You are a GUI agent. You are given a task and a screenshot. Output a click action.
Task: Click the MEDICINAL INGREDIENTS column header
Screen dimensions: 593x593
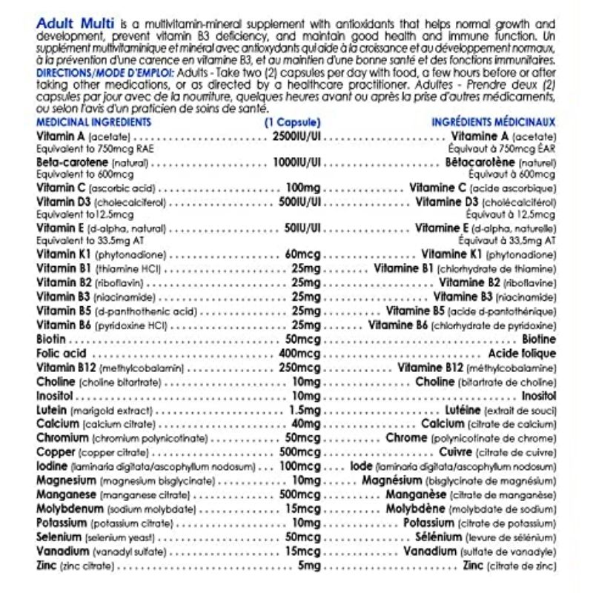[x=93, y=122]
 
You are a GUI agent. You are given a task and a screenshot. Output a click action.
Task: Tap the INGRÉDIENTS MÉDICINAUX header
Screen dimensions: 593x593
[x=494, y=122]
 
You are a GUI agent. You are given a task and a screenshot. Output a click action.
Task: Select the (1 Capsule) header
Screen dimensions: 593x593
[x=293, y=122]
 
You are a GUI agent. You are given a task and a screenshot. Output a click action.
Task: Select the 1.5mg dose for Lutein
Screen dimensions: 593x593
[x=305, y=410]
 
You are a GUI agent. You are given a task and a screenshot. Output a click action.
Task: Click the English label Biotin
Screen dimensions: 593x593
[x=50, y=339]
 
